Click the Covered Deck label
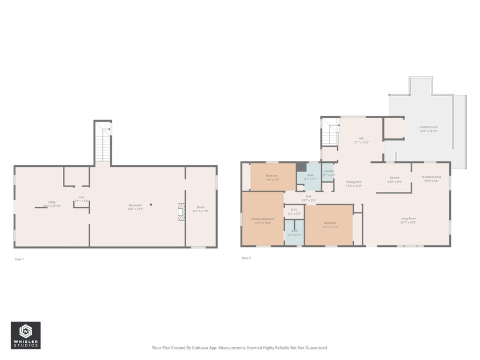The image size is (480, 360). tap(428, 129)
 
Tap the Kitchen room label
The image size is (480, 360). tap(394, 179)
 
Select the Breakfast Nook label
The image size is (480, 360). tap(431, 178)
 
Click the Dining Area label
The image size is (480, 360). tap(354, 183)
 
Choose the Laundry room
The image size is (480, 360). tap(329, 173)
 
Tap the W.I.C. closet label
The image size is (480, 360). tap(294, 211)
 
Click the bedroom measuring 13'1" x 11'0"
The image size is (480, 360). tap(330, 225)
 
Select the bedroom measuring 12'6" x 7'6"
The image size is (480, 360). tap(272, 177)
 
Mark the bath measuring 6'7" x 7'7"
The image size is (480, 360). tap(310, 177)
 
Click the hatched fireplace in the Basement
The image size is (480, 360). tap(181, 211)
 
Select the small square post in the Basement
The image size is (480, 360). tap(151, 205)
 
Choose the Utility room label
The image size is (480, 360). tap(51, 204)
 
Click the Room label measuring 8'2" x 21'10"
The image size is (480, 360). tap(201, 209)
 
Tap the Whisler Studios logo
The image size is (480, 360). tap(26, 335)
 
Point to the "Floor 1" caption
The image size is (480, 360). tap(19, 259)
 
